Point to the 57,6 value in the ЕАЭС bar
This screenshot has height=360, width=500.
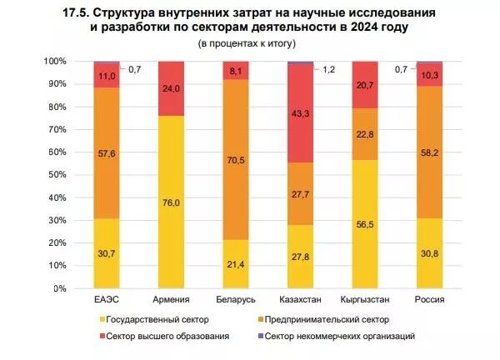coord(107,153)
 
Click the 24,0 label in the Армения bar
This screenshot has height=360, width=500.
coord(172,88)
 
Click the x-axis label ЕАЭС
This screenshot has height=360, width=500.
coord(107,300)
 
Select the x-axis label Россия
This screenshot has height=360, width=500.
coord(428,300)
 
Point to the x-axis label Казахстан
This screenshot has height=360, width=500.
coord(300,300)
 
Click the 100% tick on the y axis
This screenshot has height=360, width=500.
coord(57,62)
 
